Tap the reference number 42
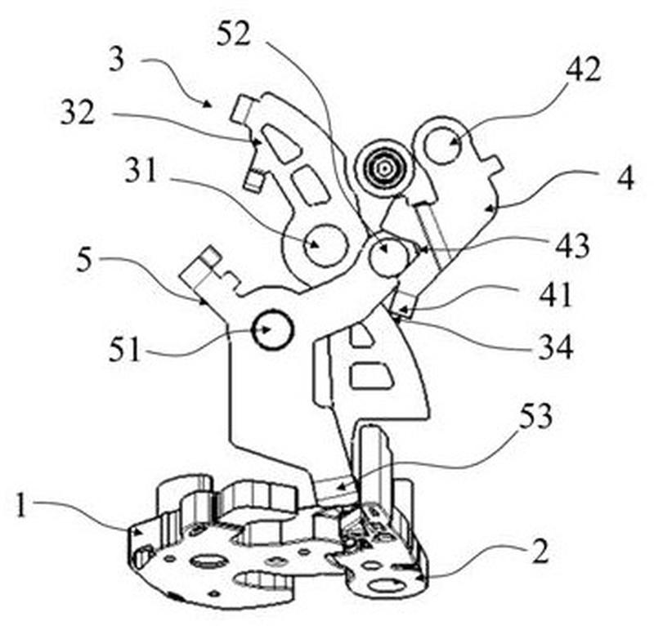click(583, 69)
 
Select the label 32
click(78, 112)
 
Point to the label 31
click(141, 169)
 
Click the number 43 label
click(571, 246)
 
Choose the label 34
click(556, 347)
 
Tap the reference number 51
click(124, 350)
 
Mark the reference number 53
click(535, 417)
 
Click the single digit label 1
click(21, 505)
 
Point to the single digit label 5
click(84, 260)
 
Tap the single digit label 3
click(116, 59)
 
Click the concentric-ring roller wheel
click(384, 168)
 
